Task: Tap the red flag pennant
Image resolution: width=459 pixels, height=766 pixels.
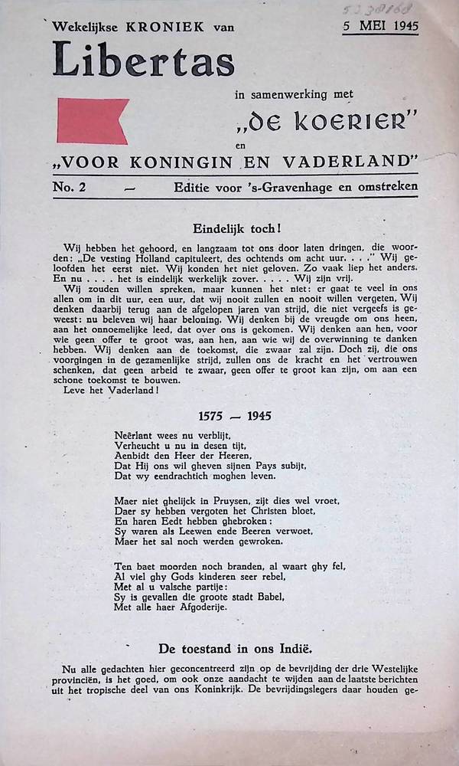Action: coord(91,121)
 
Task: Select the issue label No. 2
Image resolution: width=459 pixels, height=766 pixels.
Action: coord(70,186)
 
